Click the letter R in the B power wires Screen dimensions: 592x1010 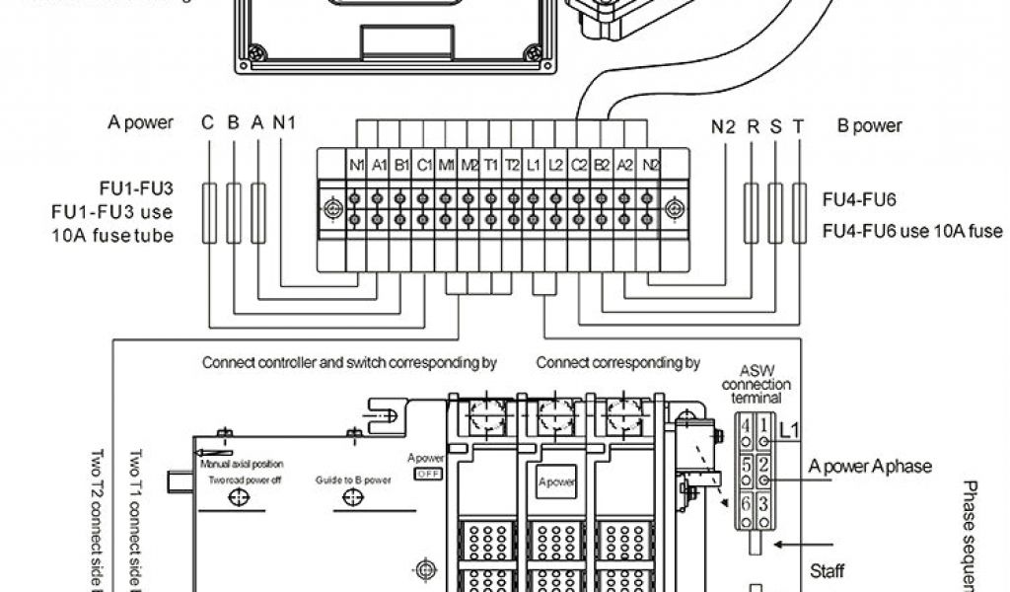(x=752, y=125)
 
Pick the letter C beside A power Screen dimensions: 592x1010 (x=208, y=123)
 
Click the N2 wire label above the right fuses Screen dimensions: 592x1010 (x=723, y=125)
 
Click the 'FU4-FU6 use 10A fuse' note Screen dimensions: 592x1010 (x=912, y=232)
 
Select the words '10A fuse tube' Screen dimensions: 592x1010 (x=112, y=236)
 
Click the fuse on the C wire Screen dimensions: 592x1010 (x=209, y=211)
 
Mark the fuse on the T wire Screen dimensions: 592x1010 (x=798, y=211)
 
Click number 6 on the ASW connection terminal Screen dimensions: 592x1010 (x=746, y=501)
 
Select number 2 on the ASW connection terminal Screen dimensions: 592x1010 (x=764, y=463)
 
